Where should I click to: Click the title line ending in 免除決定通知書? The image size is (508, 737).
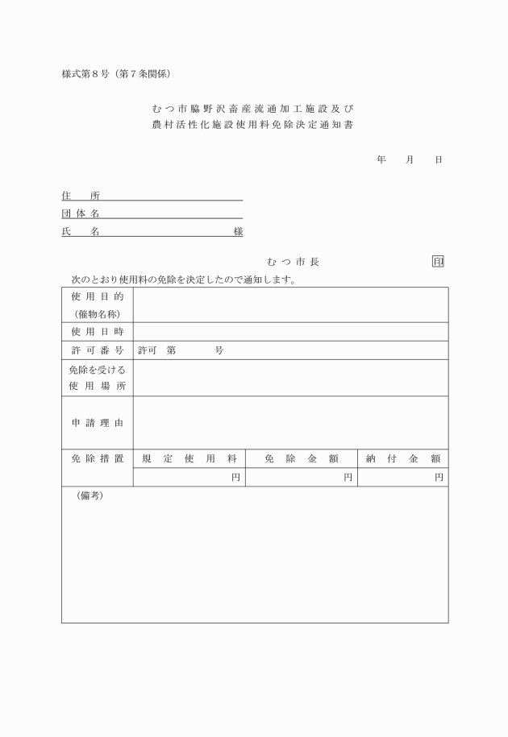pyautogui.click(x=253, y=126)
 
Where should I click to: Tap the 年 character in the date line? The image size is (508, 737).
pyautogui.click(x=381, y=159)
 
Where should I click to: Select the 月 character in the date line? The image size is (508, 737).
pyautogui.click(x=410, y=159)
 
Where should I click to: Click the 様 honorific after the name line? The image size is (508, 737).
pyautogui.click(x=238, y=232)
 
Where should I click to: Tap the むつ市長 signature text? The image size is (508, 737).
pyautogui.click(x=293, y=262)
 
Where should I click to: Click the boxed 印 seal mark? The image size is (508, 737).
pyautogui.click(x=438, y=262)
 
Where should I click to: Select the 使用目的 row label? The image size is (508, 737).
pyautogui.click(x=98, y=297)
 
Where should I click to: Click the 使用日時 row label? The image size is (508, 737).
pyautogui.click(x=98, y=332)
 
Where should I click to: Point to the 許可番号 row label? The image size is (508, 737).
pyautogui.click(x=98, y=350)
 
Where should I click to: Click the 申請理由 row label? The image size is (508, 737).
pyautogui.click(x=98, y=422)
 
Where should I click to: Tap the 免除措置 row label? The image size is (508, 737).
pyautogui.click(x=98, y=458)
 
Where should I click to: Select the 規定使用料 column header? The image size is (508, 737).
pyautogui.click(x=189, y=458)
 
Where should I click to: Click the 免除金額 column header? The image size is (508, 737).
pyautogui.click(x=302, y=458)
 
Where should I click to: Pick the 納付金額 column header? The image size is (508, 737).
pyautogui.click(x=403, y=458)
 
